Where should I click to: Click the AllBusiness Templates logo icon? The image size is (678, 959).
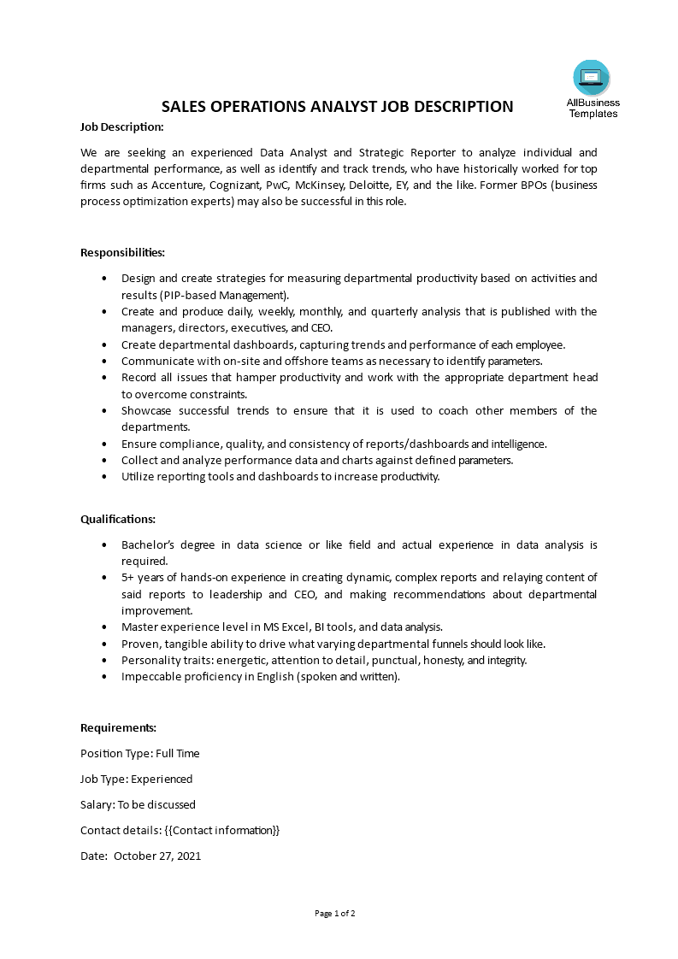592,78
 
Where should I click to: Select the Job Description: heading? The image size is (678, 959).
121,126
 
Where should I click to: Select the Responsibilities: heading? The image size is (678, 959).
122,252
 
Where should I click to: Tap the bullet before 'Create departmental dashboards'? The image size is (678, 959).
104,344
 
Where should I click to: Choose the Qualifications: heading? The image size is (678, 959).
118,519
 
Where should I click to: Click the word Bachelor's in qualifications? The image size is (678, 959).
148,544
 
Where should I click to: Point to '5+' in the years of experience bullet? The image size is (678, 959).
128,578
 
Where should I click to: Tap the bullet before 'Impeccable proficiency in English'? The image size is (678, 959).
104,677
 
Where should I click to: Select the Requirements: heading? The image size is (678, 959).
119,727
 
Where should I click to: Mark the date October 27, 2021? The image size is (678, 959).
157,856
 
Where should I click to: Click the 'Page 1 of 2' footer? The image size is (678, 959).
335,913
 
